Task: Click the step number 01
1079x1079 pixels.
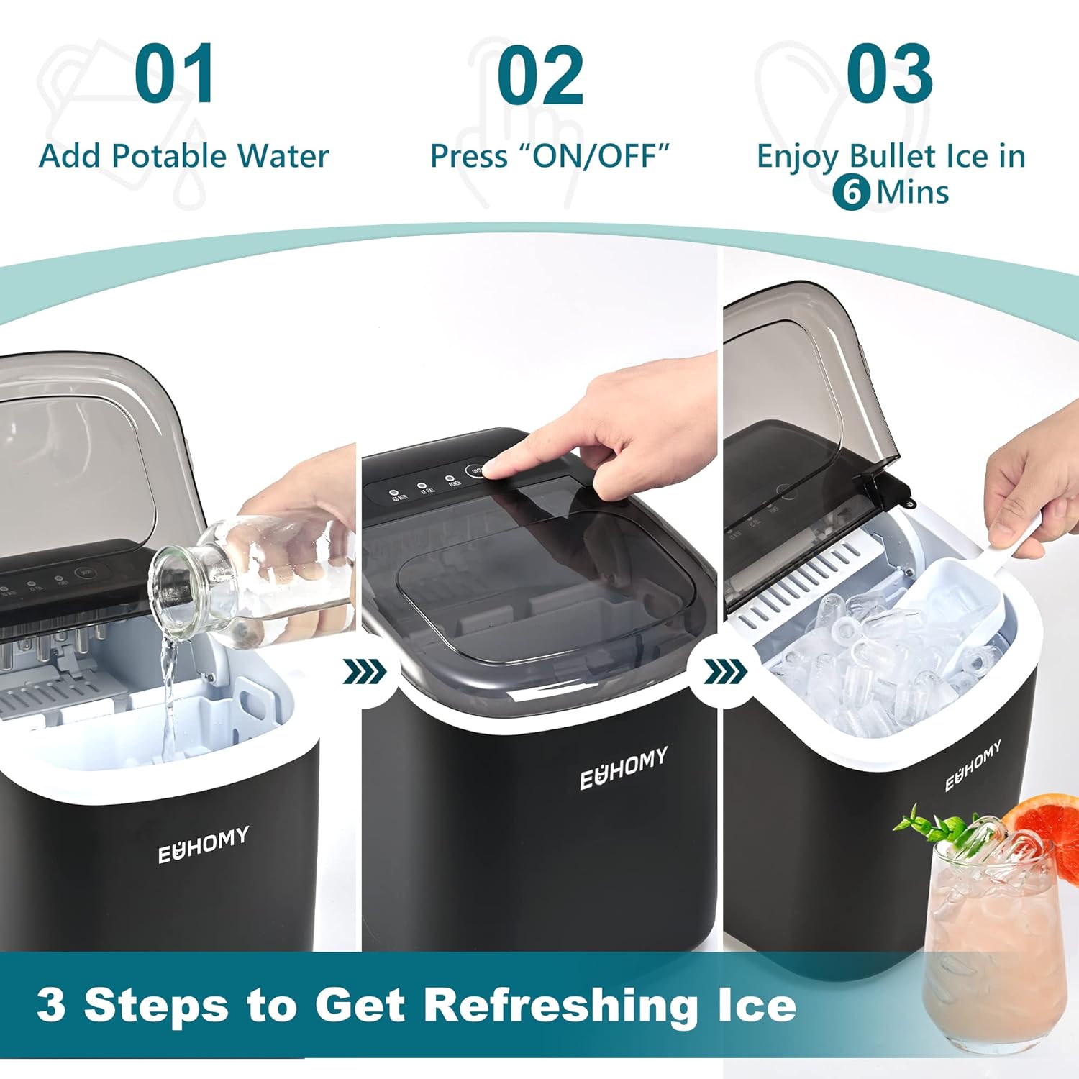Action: click(175, 74)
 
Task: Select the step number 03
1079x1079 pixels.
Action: click(889, 74)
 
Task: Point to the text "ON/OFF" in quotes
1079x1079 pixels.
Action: click(596, 156)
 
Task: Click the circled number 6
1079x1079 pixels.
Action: click(852, 192)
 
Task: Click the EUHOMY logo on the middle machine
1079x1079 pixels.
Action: click(624, 768)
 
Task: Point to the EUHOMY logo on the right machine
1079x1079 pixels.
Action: click(973, 765)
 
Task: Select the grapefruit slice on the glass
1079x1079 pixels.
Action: click(1043, 827)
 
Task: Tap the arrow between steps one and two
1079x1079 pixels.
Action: click(365, 672)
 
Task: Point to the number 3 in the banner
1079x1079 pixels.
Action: click(52, 1004)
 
